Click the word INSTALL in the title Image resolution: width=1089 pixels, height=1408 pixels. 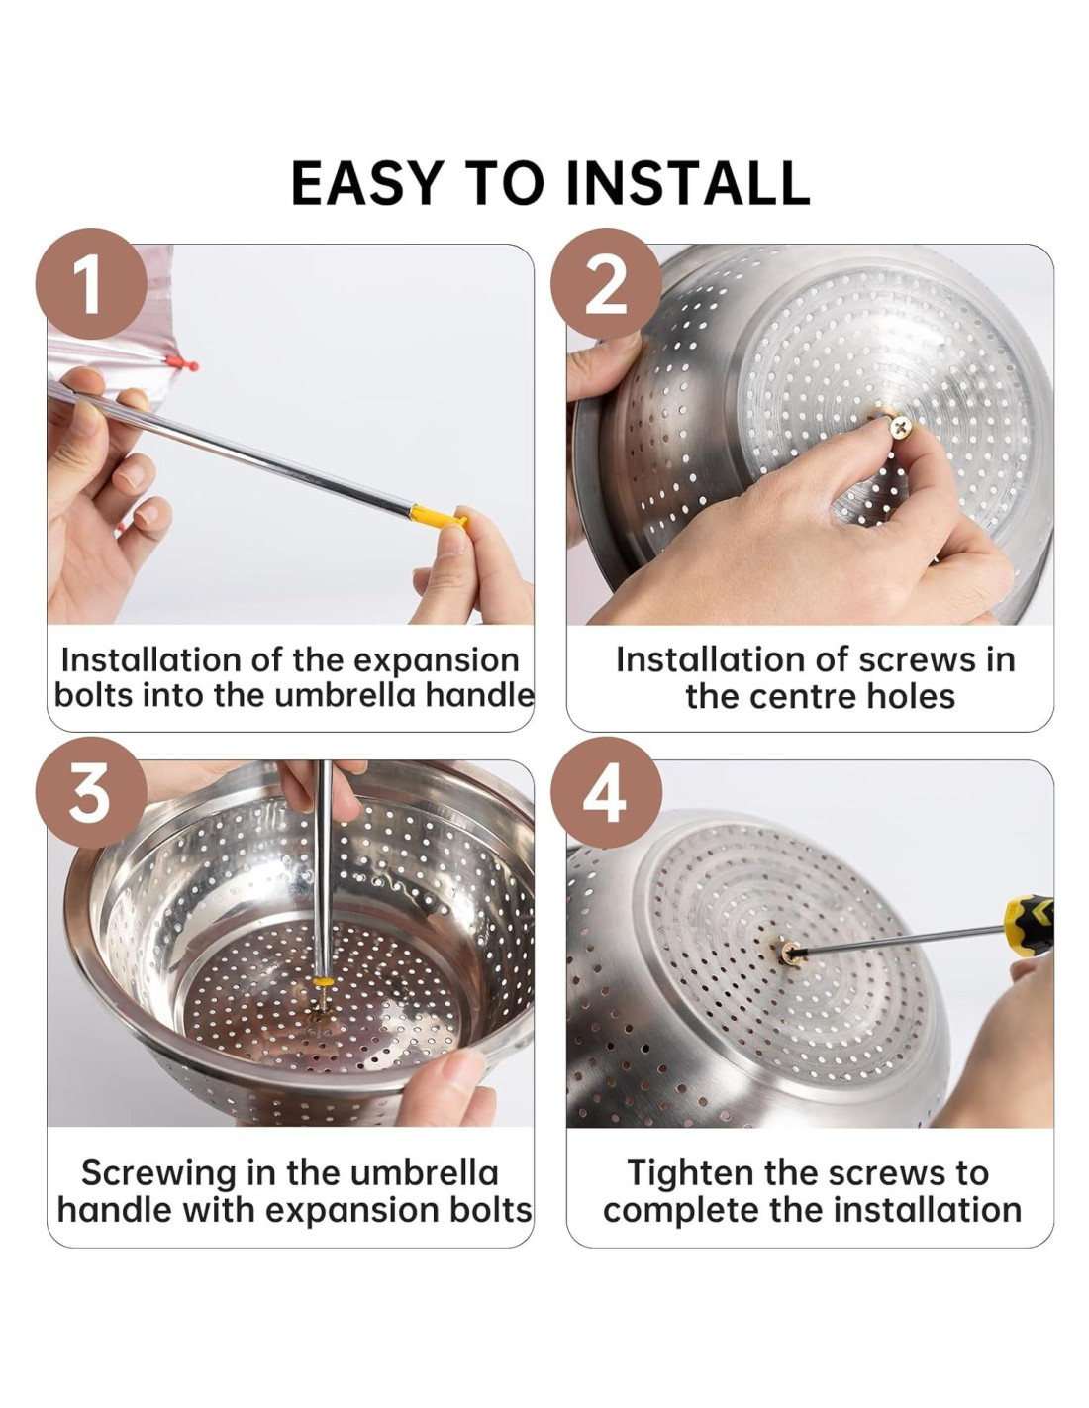coord(687,182)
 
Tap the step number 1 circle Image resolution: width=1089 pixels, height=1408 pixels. coord(91,283)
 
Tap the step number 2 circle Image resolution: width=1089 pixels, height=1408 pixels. coord(606,283)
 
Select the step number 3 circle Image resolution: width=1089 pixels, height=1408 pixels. coord(91,791)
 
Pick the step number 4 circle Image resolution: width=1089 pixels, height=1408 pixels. coord(606,791)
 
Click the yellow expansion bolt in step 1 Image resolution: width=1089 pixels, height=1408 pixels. coord(438,517)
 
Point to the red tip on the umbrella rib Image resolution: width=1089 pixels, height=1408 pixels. coord(182,362)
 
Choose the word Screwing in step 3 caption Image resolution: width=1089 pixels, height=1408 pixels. coord(159,1173)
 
